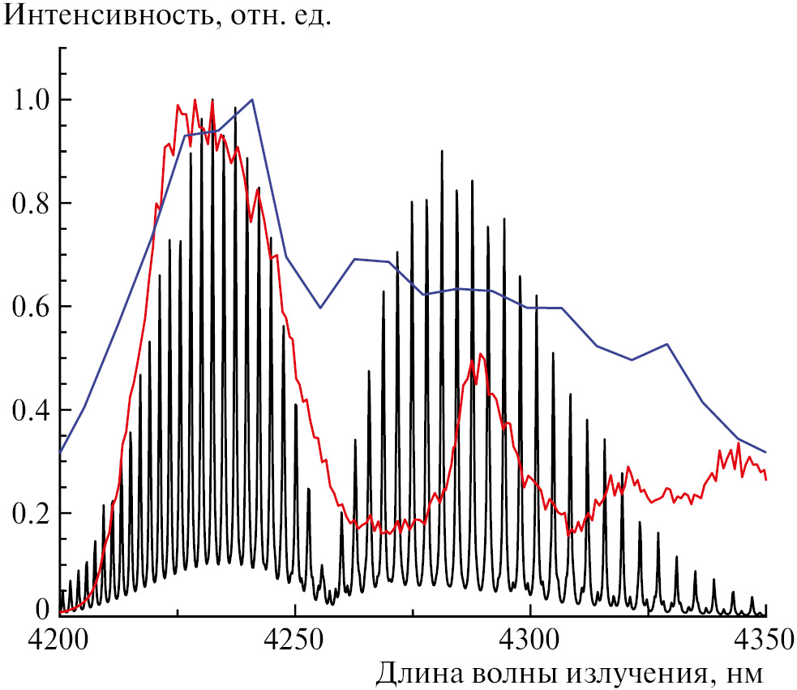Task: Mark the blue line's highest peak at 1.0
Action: click(x=252, y=100)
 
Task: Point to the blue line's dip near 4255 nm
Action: click(x=320, y=308)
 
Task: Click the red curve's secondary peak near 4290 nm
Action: click(x=481, y=354)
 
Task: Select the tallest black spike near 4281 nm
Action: click(x=442, y=151)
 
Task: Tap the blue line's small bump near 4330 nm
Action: click(x=666, y=344)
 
